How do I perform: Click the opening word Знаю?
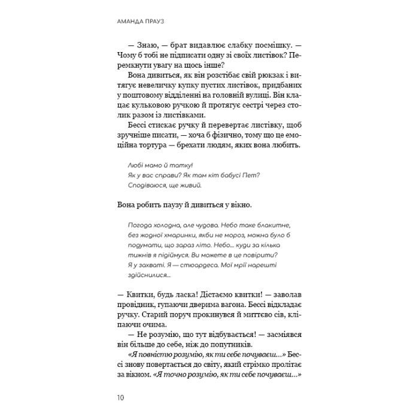click(149, 44)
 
